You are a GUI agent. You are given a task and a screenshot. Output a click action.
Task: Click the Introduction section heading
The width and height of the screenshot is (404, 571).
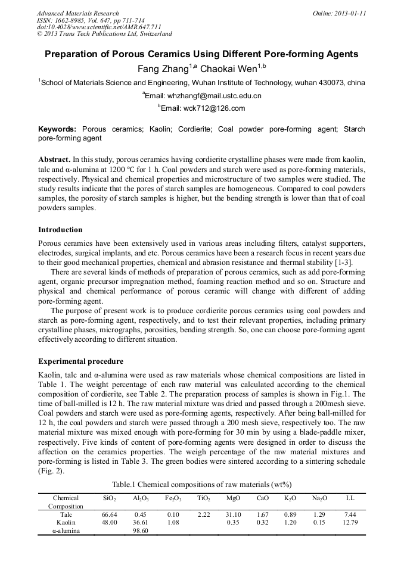coord(60,229)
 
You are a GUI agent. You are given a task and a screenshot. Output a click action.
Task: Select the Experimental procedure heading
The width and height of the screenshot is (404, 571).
coord(80,361)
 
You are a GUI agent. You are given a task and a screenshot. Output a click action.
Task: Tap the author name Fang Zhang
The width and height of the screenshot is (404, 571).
coord(163,68)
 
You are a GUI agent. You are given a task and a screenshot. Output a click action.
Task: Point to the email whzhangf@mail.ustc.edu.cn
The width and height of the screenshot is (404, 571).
coord(203,95)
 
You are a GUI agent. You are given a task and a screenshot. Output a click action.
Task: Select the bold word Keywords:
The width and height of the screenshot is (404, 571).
coord(57,129)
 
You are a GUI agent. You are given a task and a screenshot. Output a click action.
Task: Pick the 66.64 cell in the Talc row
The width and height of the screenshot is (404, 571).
coord(109,514)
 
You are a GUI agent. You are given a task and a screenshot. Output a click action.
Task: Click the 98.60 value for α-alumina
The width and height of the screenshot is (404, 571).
coord(141,531)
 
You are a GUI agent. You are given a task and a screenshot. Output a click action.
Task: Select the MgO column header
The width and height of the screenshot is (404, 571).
coord(234,498)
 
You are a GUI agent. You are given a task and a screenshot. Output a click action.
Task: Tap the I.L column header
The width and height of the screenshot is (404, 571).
coord(350,498)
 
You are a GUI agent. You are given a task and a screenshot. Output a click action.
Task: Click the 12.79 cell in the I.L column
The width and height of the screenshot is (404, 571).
coord(350,522)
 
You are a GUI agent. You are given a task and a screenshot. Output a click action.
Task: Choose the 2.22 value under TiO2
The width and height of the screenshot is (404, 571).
coord(203,514)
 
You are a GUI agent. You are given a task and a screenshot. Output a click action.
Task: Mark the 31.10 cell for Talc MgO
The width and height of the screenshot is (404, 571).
coord(234,514)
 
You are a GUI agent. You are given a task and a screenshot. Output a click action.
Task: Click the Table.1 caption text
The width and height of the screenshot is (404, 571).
coord(201,484)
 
